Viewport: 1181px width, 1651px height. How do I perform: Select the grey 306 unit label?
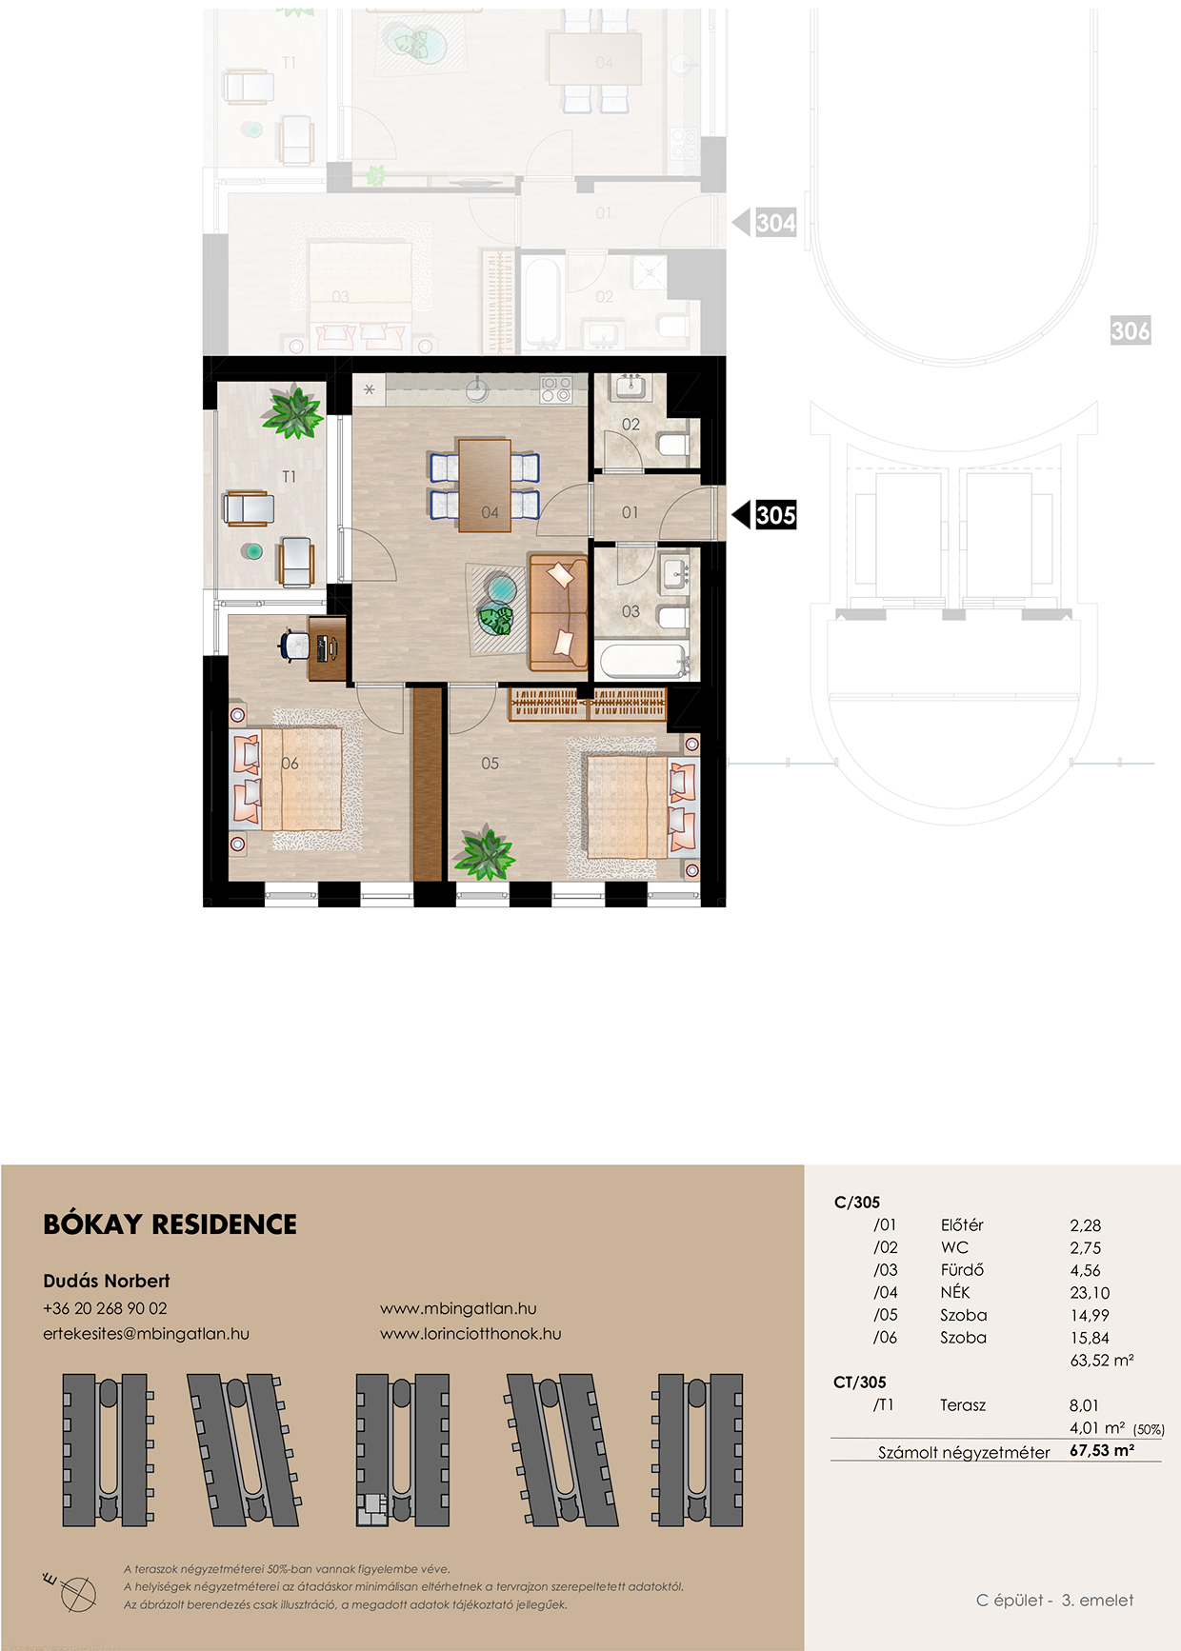[x=1131, y=330]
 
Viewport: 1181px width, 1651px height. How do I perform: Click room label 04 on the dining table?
[x=490, y=512]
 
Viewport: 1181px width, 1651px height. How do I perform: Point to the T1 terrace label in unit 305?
[x=289, y=476]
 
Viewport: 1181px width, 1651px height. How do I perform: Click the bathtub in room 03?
[x=642, y=661]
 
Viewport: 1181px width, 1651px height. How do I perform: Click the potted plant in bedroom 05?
[x=485, y=853]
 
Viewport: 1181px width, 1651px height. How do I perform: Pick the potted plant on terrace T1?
[x=293, y=411]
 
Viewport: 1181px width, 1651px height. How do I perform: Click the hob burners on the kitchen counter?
[x=556, y=388]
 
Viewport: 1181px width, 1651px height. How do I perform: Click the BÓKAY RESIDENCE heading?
[x=170, y=1224]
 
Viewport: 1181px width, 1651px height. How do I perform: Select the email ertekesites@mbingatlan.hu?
[x=146, y=1334]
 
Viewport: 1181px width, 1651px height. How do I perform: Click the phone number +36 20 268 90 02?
[x=105, y=1308]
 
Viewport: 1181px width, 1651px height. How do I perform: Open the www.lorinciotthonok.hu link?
[x=470, y=1334]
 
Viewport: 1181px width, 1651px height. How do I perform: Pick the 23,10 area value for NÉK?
[x=1090, y=1293]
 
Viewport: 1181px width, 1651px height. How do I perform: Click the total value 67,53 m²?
[x=1102, y=1451]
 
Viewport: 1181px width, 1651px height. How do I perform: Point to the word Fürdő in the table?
[x=962, y=1270]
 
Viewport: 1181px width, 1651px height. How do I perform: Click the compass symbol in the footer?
[x=75, y=1592]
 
